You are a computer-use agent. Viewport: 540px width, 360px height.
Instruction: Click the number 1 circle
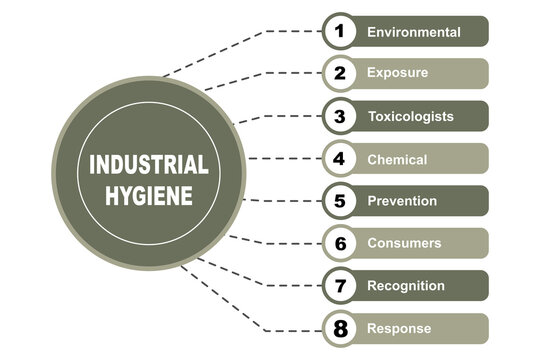340,31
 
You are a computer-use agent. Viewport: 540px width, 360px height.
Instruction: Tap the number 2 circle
340,73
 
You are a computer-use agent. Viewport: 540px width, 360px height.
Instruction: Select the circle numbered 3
340,116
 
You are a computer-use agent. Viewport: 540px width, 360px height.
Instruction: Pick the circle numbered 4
340,158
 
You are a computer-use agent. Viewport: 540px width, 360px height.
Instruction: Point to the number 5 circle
340,201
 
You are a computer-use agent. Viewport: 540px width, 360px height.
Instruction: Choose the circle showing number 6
340,243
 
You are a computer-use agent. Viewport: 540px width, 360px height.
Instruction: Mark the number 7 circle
340,286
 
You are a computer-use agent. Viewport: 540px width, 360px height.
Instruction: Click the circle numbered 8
340,328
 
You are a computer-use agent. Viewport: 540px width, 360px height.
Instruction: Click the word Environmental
414,32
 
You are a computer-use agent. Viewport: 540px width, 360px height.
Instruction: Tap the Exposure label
397,73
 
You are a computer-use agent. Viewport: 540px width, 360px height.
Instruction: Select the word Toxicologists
410,116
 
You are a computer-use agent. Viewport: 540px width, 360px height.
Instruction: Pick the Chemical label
397,159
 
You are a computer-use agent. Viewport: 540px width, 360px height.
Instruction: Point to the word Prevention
402,201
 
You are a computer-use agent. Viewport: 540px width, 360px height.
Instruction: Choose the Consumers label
404,243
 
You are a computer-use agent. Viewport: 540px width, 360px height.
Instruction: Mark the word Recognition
406,286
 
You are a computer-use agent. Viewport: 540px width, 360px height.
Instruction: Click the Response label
399,328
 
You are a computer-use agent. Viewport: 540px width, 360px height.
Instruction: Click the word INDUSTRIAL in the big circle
149,163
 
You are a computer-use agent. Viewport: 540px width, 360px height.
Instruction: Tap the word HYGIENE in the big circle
149,192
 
